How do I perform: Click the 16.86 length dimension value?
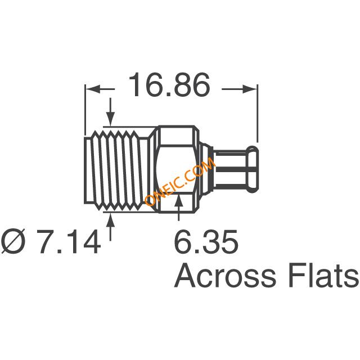tap(169, 85)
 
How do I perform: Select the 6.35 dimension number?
tap(206, 241)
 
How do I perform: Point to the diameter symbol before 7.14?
tap(13, 242)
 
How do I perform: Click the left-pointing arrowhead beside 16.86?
tap(93, 89)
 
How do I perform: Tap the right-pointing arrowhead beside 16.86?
tap(250, 89)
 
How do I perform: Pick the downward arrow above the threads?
tap(110, 112)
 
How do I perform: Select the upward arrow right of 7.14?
tap(110, 227)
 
